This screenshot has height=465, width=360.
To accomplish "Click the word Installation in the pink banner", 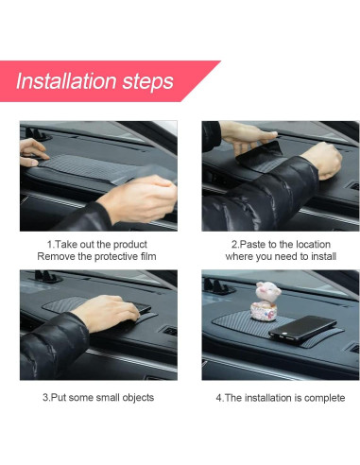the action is (67, 81).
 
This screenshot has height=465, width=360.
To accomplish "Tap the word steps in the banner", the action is (147, 82).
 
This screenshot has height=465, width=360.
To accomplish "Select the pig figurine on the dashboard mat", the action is (266, 301).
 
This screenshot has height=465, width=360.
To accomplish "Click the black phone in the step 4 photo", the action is (302, 329).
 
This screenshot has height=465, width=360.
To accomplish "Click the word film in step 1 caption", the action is (148, 256).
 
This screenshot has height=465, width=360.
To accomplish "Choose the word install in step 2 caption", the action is (323, 256).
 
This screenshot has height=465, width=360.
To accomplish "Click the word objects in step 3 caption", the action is (138, 398).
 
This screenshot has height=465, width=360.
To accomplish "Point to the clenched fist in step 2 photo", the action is (325, 160).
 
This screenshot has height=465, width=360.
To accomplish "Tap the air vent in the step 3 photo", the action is (170, 331).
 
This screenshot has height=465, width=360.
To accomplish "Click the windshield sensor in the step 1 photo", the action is (37, 134).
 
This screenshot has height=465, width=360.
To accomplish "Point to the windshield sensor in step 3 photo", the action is (47, 277).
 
